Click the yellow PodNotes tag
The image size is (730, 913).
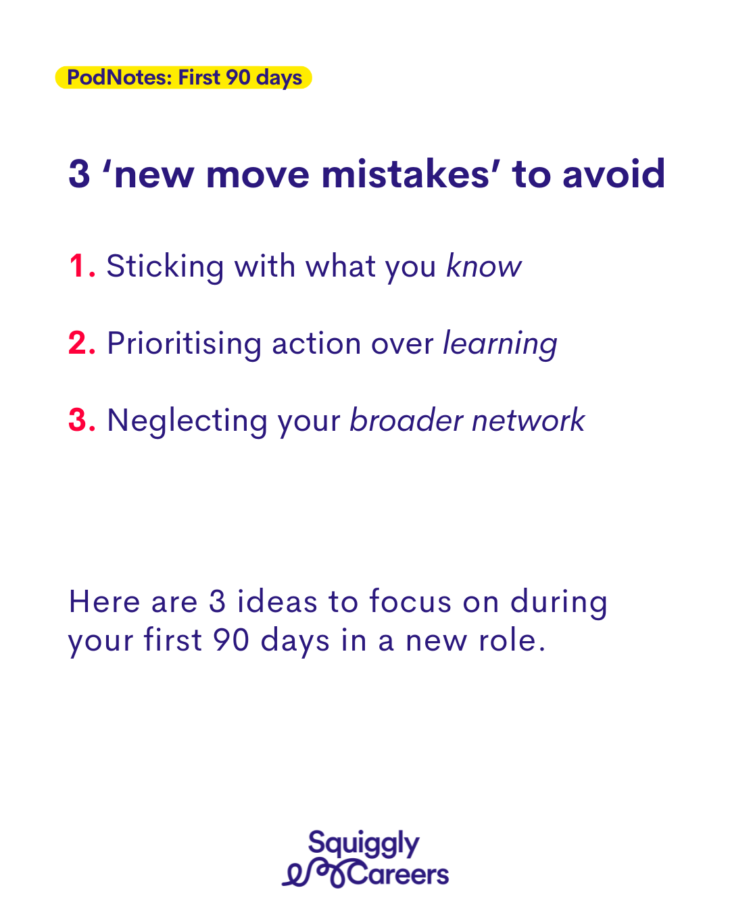(x=184, y=78)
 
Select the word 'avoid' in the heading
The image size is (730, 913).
(x=613, y=174)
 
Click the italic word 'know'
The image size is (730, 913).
(x=484, y=266)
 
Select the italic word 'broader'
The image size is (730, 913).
(x=406, y=420)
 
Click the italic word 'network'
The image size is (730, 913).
(x=529, y=420)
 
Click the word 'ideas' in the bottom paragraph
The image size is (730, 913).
(x=277, y=601)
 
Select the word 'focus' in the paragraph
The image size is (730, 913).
(x=410, y=601)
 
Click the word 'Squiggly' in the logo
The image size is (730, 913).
(x=364, y=843)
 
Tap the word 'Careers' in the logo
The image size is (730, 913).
(x=398, y=874)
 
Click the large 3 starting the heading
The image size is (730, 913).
(x=79, y=174)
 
